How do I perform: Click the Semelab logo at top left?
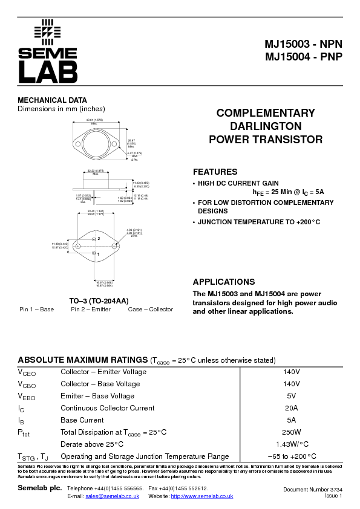point(48,52)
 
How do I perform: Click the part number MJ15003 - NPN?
point(303,45)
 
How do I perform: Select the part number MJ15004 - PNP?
point(303,57)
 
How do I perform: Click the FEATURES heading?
point(215,172)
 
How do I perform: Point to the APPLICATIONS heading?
point(223,282)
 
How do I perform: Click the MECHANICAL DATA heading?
point(52,100)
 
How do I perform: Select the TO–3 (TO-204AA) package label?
point(99,300)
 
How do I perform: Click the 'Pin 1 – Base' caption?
point(36,310)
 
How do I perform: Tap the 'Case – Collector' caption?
point(150,310)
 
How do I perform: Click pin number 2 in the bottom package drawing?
point(99,239)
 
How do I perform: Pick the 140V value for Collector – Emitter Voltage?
point(292,372)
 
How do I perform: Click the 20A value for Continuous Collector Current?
point(292,408)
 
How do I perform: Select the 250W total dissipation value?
point(292,432)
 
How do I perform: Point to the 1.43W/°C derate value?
point(292,444)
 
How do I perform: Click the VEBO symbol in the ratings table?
point(27,397)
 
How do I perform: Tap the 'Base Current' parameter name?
point(82,420)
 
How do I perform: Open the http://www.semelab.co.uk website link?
point(202,496)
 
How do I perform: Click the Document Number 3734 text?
point(312,489)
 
